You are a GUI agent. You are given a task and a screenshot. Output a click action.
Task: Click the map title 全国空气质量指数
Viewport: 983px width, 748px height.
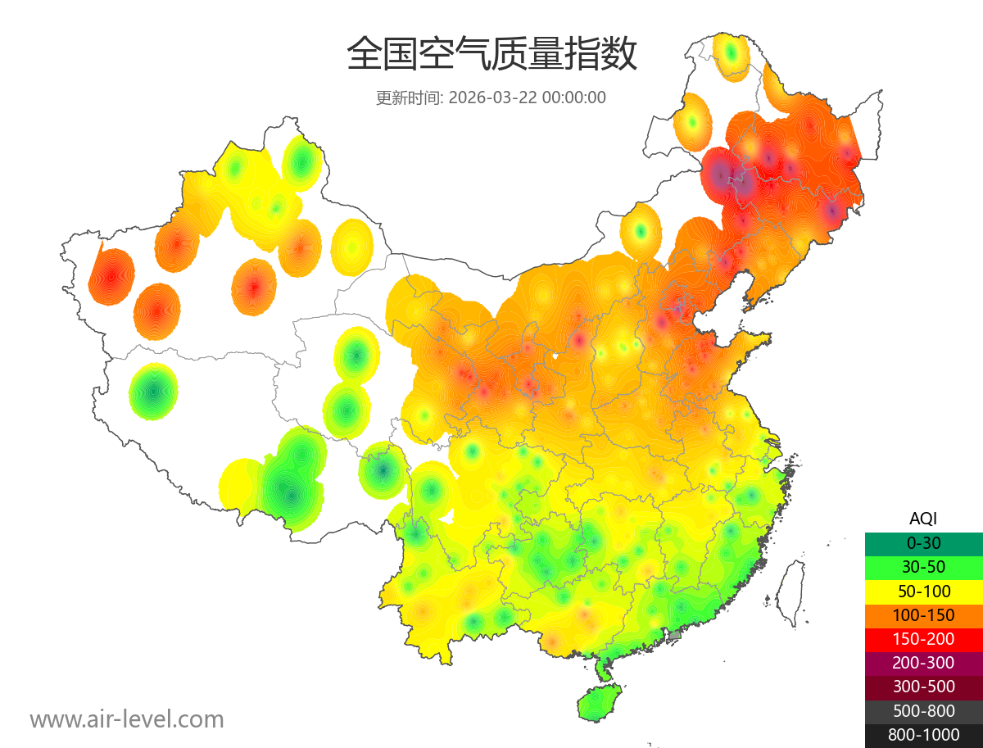pyautogui.click(x=491, y=55)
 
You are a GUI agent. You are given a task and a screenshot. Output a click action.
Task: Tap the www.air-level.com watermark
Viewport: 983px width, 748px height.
pyautogui.click(x=127, y=719)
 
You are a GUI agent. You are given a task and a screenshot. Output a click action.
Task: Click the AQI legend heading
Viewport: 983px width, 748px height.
pyautogui.click(x=923, y=518)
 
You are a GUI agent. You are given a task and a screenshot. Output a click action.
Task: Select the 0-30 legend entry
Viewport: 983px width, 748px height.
pyautogui.click(x=923, y=543)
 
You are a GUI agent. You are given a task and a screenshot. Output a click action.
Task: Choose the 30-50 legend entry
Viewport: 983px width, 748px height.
pyautogui.click(x=923, y=567)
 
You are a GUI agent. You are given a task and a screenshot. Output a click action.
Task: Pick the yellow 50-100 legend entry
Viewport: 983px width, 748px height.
pyautogui.click(x=923, y=591)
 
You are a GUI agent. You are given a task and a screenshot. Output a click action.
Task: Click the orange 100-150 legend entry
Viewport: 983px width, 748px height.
pyautogui.click(x=923, y=615)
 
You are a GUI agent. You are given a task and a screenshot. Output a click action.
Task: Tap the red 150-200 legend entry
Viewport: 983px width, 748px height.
pyautogui.click(x=923, y=639)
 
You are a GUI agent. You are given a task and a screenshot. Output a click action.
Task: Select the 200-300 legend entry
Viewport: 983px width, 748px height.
pyautogui.click(x=923, y=663)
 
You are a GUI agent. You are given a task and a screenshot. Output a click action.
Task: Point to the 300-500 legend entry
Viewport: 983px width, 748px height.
pyautogui.click(x=923, y=687)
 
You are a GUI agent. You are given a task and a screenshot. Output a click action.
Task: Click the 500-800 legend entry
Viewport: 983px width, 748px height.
pyautogui.click(x=923, y=711)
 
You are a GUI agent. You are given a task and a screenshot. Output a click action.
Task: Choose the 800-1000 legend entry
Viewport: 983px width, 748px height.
pyautogui.click(x=923, y=735)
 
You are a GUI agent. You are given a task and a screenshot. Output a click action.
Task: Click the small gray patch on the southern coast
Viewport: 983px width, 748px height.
pyautogui.click(x=675, y=635)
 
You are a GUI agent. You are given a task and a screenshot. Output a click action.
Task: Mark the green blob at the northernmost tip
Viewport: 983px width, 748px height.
pyautogui.click(x=731, y=55)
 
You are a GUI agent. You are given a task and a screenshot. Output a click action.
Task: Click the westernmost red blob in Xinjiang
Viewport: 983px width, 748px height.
pyautogui.click(x=111, y=276)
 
